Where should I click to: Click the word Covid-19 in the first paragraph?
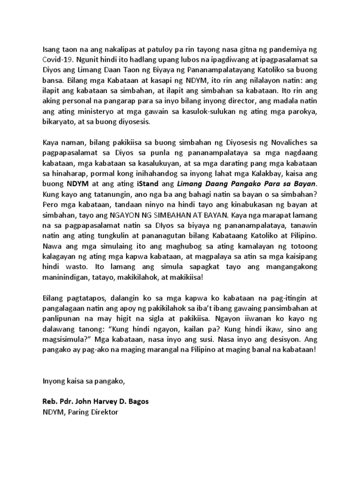[58, 60]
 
